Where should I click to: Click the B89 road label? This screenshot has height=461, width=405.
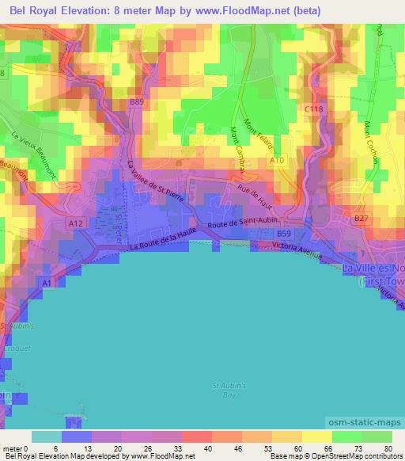pyautogui.click(x=137, y=101)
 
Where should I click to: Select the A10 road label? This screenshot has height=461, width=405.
pyautogui.click(x=276, y=160)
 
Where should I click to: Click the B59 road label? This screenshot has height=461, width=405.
pyautogui.click(x=284, y=234)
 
